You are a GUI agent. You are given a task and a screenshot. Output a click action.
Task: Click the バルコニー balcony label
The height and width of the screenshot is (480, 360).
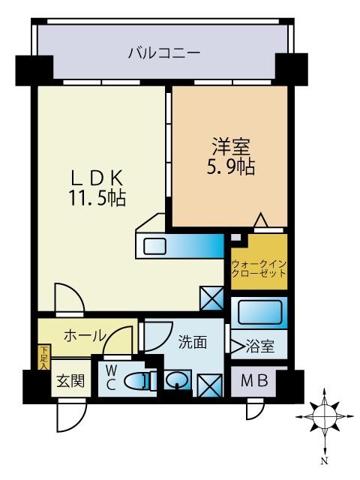click(163, 53)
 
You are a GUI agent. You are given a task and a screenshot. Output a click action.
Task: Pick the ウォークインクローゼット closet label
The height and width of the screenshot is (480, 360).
click(259, 268)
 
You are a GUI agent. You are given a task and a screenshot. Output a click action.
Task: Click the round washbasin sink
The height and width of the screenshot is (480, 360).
click(178, 380)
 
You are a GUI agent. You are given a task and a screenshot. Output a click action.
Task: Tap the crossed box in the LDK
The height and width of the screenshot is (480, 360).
click(211, 298)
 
